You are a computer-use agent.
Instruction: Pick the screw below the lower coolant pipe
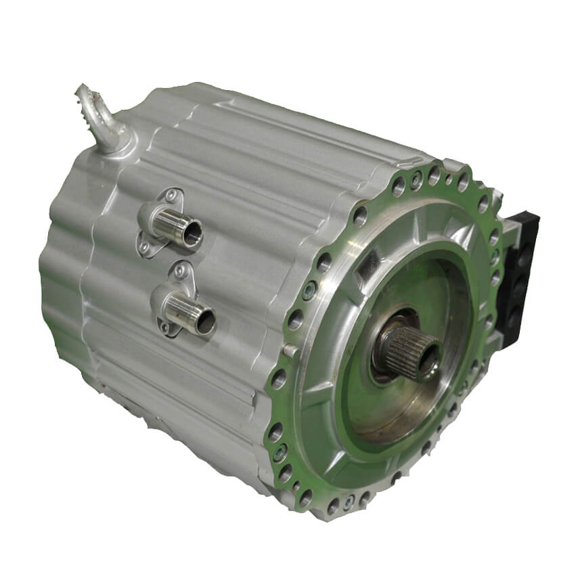[x=163, y=330]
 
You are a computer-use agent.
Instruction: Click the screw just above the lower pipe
[x=179, y=272]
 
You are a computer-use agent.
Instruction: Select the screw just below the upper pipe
[x=144, y=249]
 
